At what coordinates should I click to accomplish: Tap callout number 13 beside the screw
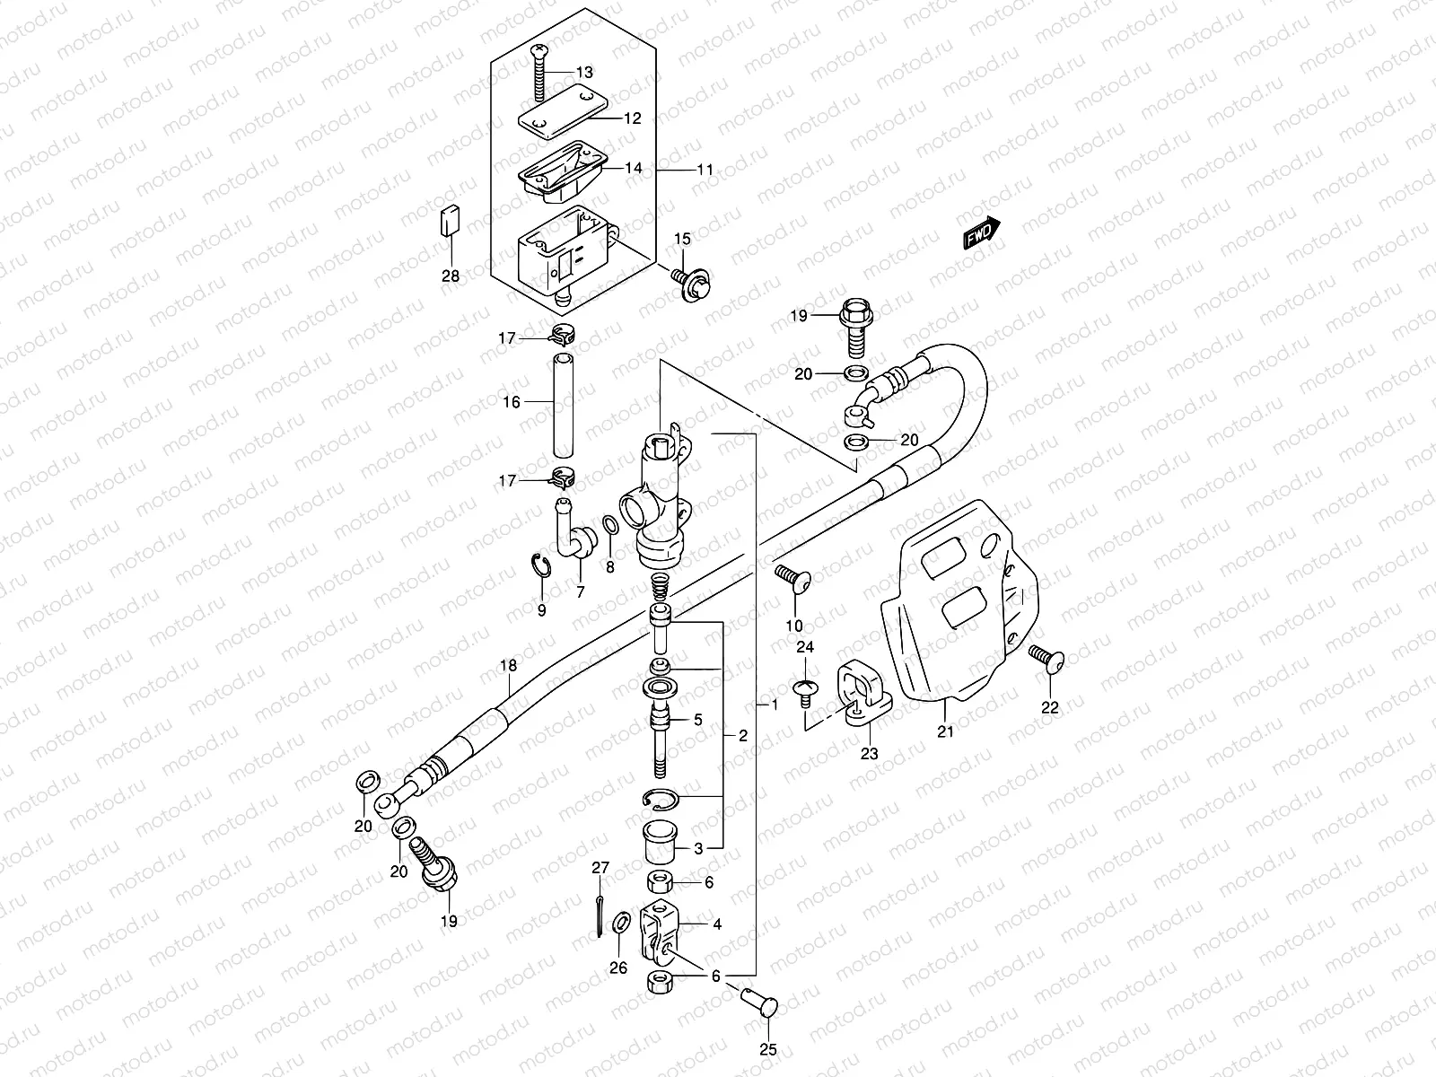coord(584,72)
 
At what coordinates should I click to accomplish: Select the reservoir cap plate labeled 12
coord(557,114)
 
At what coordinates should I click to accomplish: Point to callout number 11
coord(730,169)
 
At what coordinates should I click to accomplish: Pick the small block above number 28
coord(450,220)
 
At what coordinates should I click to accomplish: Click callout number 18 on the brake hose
coord(509,666)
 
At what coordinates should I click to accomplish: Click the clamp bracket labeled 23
coord(862,692)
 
